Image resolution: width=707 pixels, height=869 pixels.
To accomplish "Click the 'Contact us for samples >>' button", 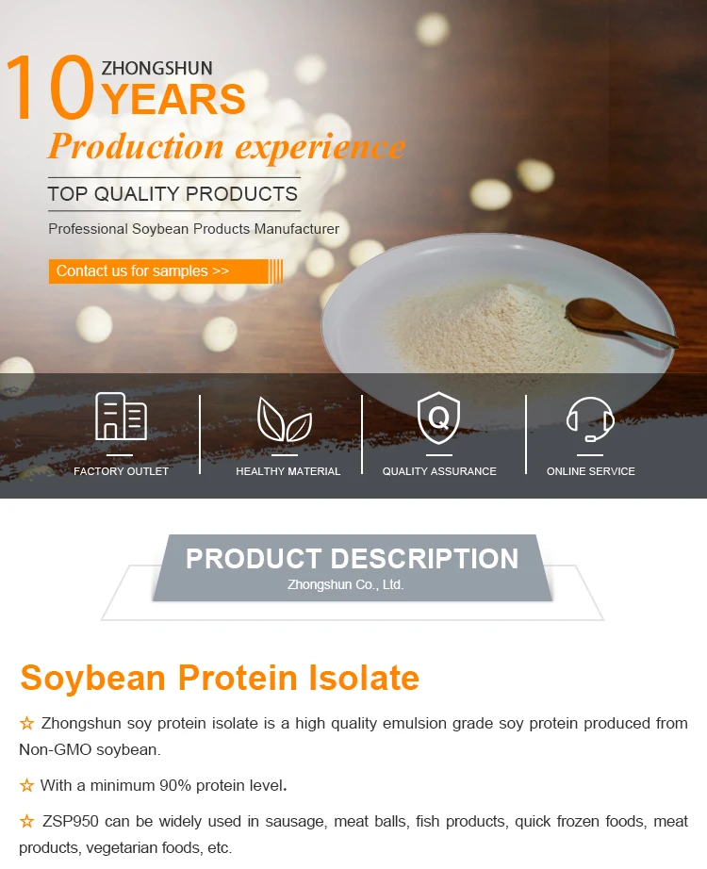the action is (x=165, y=271).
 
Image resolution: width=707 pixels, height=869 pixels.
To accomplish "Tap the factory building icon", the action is (x=121, y=417).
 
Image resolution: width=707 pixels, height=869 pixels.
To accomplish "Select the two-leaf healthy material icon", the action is (x=285, y=419).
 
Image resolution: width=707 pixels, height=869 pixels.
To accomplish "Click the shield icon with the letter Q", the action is (x=438, y=418).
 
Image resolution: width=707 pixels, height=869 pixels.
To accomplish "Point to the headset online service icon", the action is (x=590, y=419).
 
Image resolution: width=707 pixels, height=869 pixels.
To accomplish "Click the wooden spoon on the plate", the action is (x=620, y=320).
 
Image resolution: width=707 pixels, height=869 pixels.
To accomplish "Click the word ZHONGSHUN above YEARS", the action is (x=156, y=68).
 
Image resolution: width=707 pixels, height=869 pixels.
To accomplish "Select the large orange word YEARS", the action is (x=174, y=100).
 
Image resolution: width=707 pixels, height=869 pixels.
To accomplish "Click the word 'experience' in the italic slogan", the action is (x=321, y=147).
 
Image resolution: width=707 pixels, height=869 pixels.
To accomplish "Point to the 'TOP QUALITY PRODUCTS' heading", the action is (x=173, y=194).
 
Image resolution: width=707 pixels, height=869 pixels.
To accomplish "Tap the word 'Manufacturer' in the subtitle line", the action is (x=297, y=229).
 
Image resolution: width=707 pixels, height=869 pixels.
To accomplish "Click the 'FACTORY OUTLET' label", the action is (x=121, y=471).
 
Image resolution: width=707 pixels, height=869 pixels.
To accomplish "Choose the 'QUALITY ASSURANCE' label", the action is (x=439, y=471).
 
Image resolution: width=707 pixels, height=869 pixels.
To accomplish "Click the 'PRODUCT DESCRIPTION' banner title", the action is (x=353, y=558).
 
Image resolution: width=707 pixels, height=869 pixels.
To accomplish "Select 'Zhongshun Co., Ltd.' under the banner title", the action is (x=345, y=584).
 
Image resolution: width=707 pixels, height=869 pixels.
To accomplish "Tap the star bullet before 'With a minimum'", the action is (x=26, y=785).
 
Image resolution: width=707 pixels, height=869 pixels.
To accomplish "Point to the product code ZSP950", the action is (x=71, y=821).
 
